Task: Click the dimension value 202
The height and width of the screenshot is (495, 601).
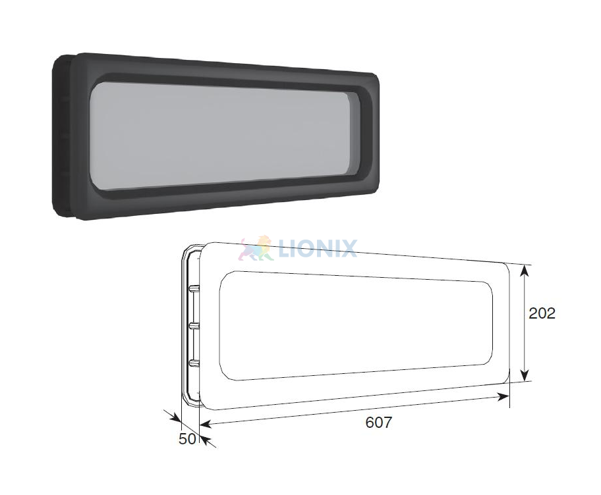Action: click(542, 313)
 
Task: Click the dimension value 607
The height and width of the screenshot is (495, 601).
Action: click(379, 422)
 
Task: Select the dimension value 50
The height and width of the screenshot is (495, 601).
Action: click(187, 439)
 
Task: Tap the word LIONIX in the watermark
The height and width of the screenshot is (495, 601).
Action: click(318, 248)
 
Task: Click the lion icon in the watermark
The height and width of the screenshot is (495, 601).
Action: click(255, 248)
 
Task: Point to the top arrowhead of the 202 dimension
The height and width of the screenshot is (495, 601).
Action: click(525, 271)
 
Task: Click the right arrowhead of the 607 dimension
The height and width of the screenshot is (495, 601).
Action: click(503, 397)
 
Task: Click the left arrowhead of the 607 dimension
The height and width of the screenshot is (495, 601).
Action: click(206, 423)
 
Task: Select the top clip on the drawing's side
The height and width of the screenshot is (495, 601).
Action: click(194, 288)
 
